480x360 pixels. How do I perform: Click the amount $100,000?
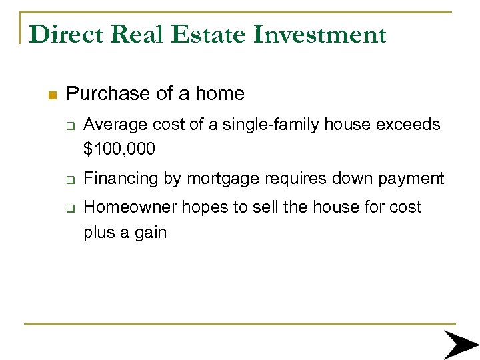pos(119,149)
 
